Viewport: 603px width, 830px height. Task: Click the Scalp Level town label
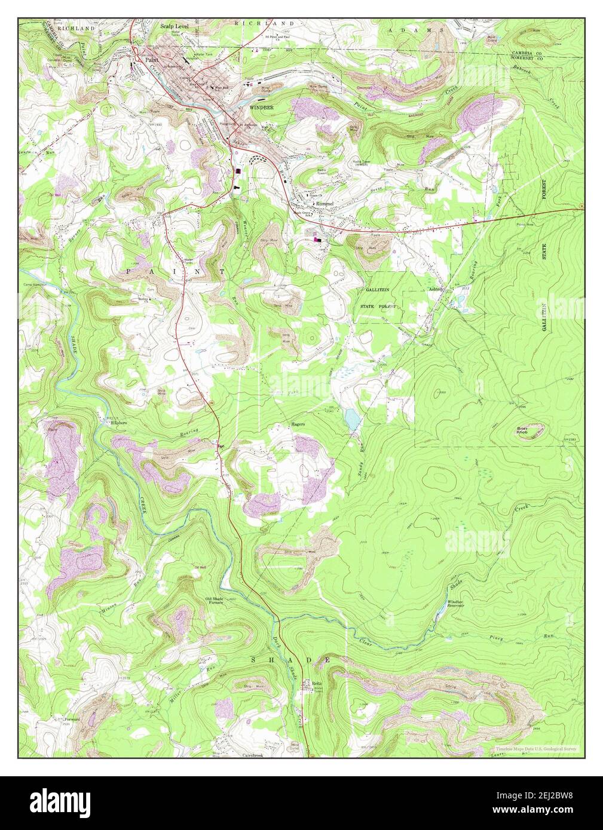(x=174, y=27)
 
